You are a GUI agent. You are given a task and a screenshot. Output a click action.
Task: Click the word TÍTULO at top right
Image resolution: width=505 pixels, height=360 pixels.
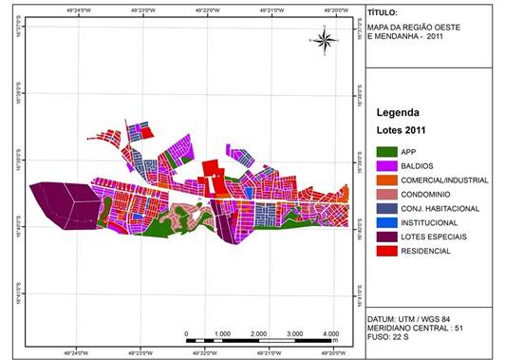[383, 14]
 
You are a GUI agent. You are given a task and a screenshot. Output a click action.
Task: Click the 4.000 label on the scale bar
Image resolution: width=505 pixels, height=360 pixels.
[330, 334]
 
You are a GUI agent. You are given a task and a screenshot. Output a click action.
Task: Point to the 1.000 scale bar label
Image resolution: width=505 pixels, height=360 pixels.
[223, 334]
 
